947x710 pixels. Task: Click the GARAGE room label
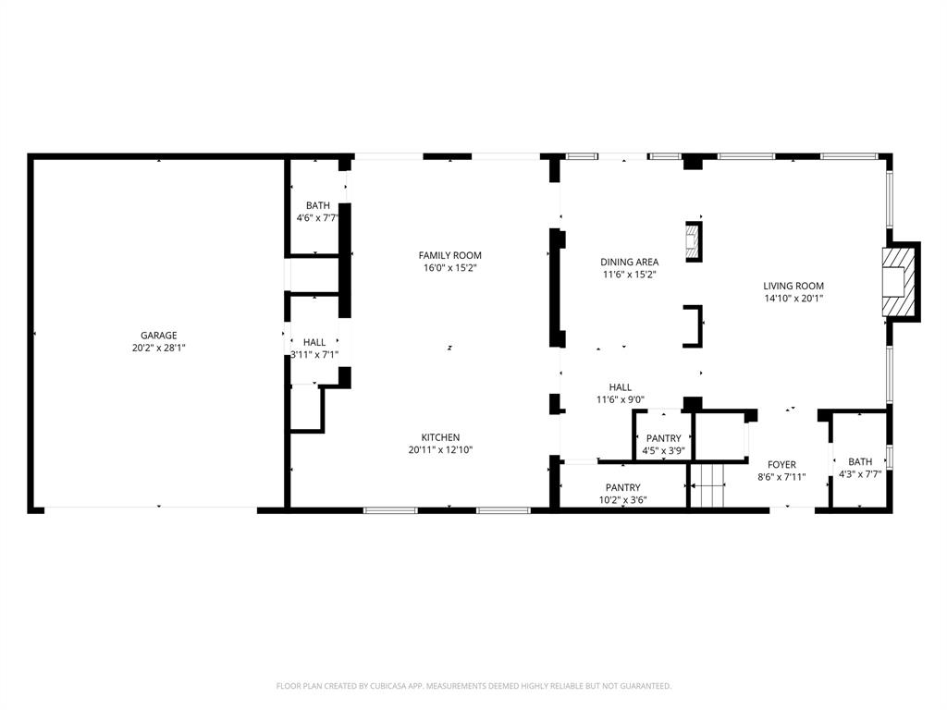click(x=158, y=336)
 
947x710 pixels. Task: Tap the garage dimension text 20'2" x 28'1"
click(x=158, y=349)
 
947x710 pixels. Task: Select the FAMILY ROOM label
click(x=449, y=255)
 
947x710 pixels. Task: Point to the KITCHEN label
click(x=440, y=437)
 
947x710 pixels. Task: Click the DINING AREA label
click(x=630, y=262)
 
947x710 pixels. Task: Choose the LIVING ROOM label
click(x=793, y=286)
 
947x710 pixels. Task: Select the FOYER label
click(x=781, y=465)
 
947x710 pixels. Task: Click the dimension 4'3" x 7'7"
click(x=859, y=474)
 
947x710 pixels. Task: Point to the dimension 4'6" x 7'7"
click(x=317, y=218)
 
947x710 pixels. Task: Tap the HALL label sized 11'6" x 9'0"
click(x=620, y=387)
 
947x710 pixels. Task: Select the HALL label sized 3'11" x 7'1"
click(x=314, y=342)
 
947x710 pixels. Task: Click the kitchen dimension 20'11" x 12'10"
click(x=440, y=450)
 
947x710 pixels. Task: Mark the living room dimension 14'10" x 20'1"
click(x=793, y=299)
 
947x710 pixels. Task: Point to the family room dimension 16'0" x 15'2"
click(x=449, y=268)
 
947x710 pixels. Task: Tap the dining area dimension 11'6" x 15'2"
click(x=630, y=275)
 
